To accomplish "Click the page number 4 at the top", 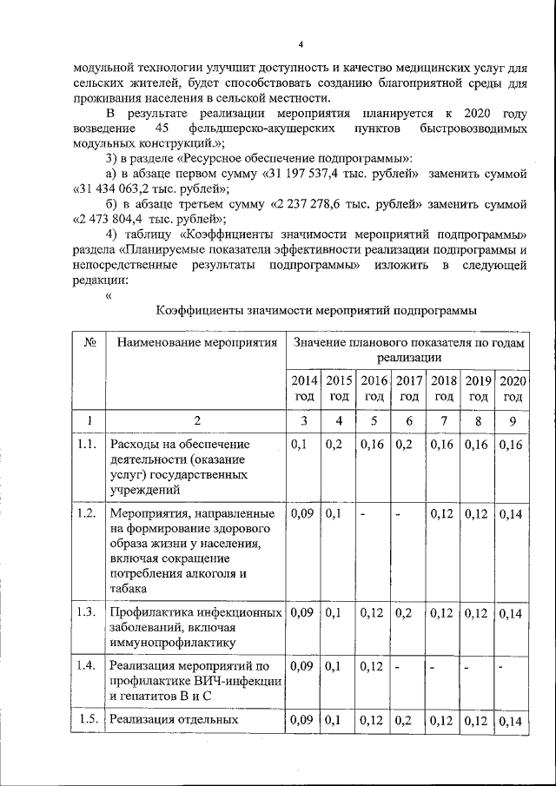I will pyautogui.click(x=300, y=44).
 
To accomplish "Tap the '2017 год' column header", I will pyautogui.click(x=409, y=388).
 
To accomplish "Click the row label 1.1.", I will pyautogui.click(x=86, y=446).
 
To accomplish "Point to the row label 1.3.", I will pyautogui.click(x=86, y=611).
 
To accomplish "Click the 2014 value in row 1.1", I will pyautogui.click(x=299, y=446).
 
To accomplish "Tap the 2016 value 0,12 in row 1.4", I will pyautogui.click(x=371, y=666).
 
